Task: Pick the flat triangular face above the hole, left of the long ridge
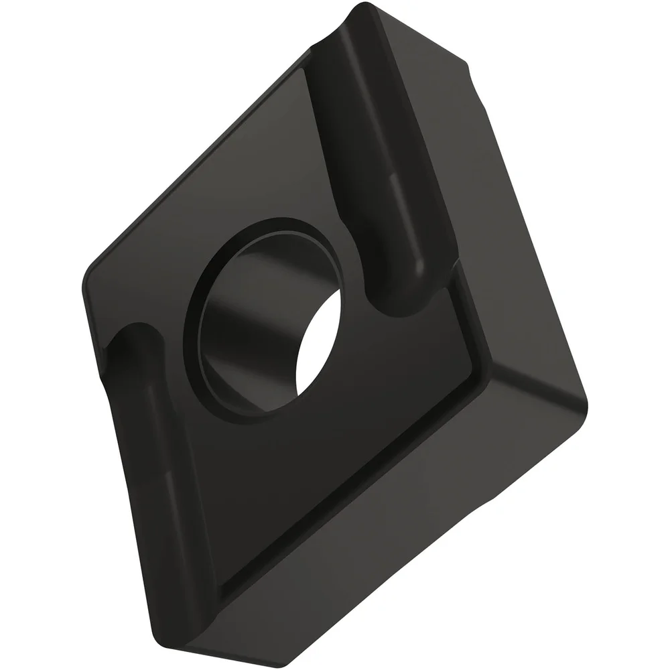[x=221, y=167]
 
